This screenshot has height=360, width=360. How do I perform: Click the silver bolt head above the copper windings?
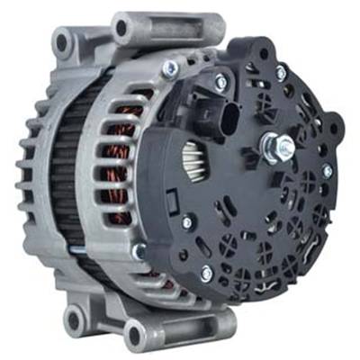(167, 69)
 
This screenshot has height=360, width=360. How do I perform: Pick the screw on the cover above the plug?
(220, 82)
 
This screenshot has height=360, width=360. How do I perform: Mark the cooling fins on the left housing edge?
(27, 180)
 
